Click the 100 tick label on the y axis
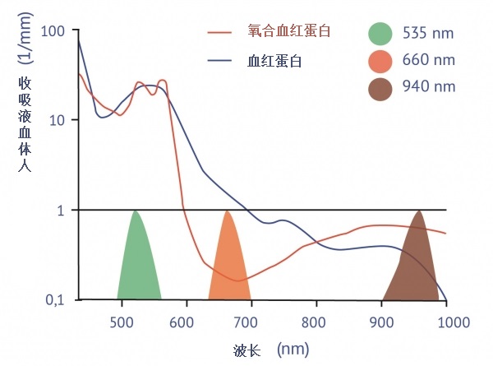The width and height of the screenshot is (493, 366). click(x=50, y=31)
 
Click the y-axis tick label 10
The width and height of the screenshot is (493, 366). click(x=54, y=120)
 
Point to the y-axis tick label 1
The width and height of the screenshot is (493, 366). click(x=59, y=210)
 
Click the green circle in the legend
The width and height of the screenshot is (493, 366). click(x=380, y=34)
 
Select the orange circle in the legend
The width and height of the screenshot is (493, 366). click(x=380, y=61)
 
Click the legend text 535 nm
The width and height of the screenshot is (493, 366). click(x=428, y=34)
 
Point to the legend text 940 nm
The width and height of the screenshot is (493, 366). click(x=428, y=87)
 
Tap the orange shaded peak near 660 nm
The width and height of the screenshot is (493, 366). click(x=228, y=259)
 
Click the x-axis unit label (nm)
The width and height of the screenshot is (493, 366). click(x=293, y=350)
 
